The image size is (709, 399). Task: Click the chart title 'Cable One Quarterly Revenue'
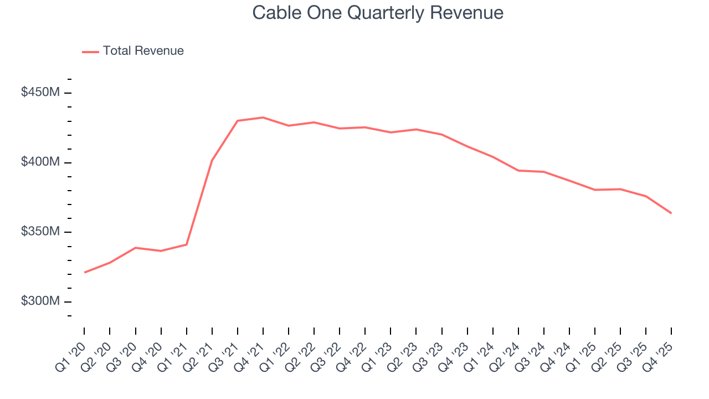[378, 13]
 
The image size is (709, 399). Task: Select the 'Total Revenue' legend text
[143, 51]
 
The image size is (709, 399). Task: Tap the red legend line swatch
[90, 52]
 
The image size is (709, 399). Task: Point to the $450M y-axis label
[40, 93]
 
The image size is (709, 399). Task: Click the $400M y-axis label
[40, 162]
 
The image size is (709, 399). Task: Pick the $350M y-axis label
[40, 232]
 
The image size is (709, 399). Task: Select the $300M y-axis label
[40, 301]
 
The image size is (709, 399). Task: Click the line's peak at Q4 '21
[263, 117]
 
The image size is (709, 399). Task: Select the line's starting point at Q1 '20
[84, 273]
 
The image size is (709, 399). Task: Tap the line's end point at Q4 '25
[671, 213]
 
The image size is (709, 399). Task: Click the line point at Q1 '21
[187, 244]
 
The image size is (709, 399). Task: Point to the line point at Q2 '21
[212, 160]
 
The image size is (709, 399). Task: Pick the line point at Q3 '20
[136, 248]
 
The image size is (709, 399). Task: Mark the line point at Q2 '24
[518, 171]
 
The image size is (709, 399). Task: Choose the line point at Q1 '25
[595, 190]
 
